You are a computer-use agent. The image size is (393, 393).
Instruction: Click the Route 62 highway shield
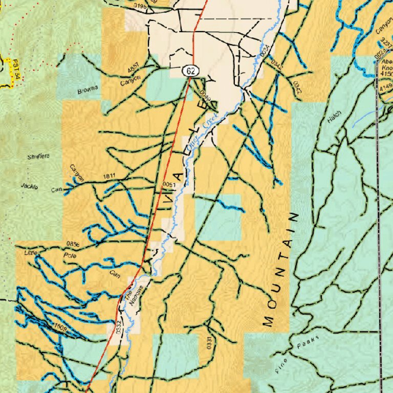(x=190, y=70)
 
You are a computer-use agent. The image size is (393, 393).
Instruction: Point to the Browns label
(x=88, y=92)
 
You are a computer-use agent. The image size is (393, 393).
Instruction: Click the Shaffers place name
(x=39, y=156)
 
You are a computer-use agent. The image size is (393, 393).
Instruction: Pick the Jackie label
(x=30, y=186)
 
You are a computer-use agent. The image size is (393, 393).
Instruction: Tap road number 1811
(x=109, y=177)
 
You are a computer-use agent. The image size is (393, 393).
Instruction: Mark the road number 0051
(x=169, y=185)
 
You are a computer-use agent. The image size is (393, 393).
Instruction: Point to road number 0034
(x=264, y=51)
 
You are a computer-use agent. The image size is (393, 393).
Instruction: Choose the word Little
(x=31, y=253)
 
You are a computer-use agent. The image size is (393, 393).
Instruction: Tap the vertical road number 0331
(x=209, y=343)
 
